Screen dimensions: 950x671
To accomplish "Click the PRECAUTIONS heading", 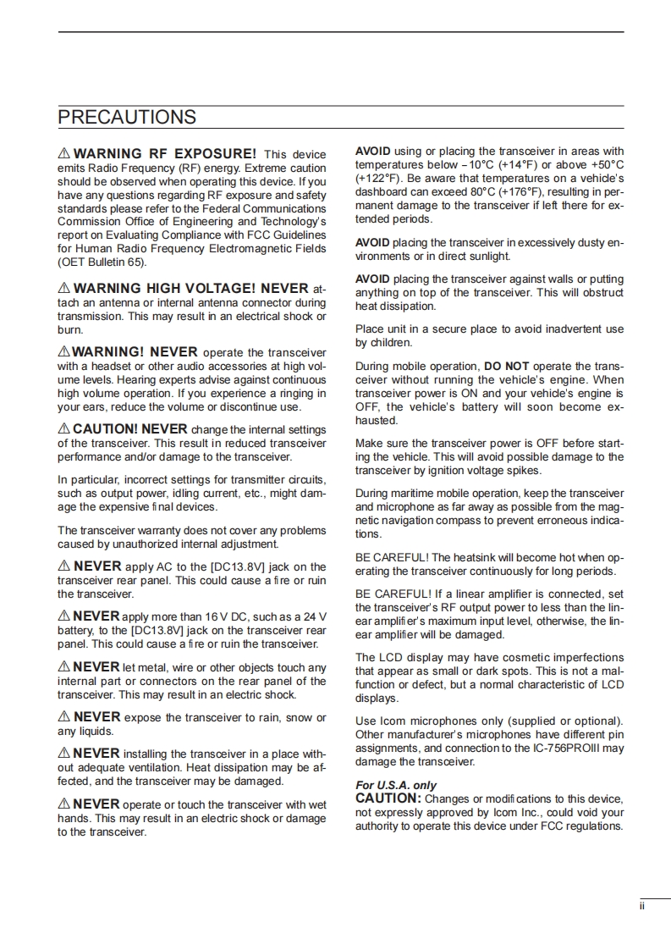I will (x=127, y=117).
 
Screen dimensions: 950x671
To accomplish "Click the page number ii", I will (x=642, y=906).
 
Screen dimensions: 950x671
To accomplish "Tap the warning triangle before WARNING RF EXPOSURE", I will (x=64, y=154).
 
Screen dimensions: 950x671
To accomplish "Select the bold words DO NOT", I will (x=506, y=367).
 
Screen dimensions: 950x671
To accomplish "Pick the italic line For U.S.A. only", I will (x=396, y=785).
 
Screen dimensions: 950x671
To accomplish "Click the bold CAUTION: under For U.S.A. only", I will (x=388, y=798).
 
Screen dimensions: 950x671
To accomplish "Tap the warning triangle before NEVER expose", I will (x=64, y=718).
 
